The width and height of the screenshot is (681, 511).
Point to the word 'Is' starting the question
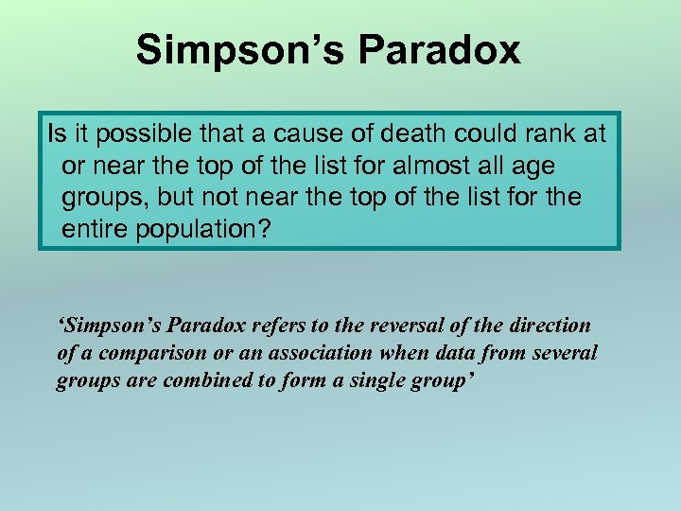[x=55, y=133]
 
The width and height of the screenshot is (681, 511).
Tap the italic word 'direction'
[x=548, y=326]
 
